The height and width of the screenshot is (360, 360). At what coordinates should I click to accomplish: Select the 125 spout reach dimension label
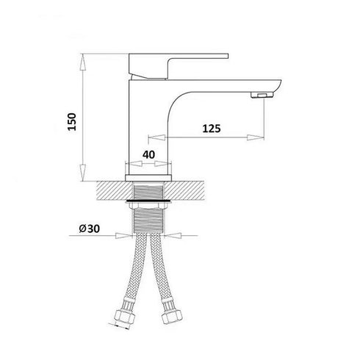pos(211,128)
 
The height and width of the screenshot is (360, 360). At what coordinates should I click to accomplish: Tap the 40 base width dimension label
pos(148,154)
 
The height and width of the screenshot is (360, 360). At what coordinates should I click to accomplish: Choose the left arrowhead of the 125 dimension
pos(152,137)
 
